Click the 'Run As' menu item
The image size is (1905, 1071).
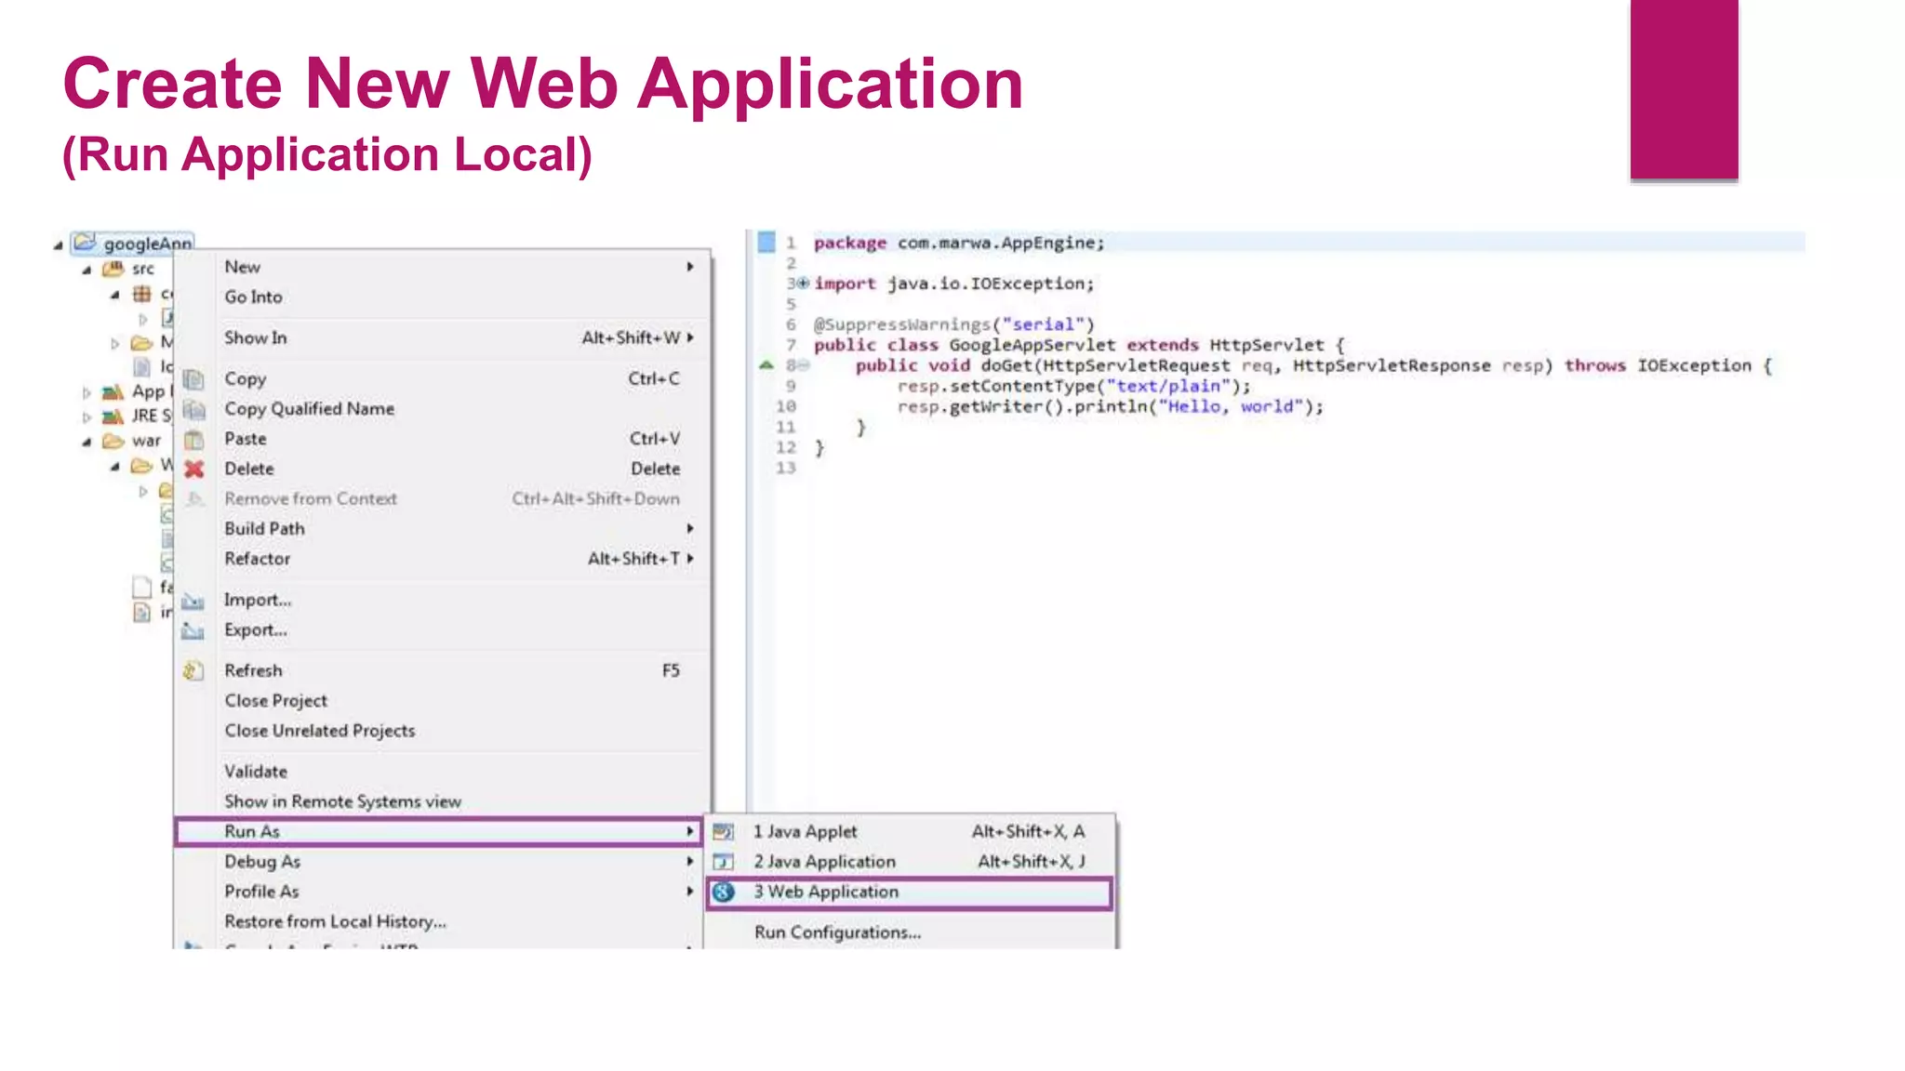point(252,831)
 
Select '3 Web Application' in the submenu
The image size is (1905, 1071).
point(826,892)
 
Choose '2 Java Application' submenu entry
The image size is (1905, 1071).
point(824,862)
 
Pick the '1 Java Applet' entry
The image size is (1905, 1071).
point(805,832)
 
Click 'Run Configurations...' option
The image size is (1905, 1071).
point(837,932)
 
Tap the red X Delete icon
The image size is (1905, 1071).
point(193,469)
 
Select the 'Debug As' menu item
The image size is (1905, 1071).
point(262,862)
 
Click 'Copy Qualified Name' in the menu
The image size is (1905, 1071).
point(309,409)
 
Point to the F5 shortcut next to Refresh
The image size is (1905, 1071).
point(671,670)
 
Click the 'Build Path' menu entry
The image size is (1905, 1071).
point(264,529)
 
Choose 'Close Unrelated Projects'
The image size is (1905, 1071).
point(319,731)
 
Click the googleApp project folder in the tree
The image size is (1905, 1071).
point(146,244)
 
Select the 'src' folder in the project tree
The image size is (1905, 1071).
point(142,269)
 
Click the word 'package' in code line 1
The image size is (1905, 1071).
point(849,243)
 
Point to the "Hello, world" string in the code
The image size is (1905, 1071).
point(1229,406)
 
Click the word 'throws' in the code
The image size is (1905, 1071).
point(1594,365)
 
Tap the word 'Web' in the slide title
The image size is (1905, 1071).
point(544,84)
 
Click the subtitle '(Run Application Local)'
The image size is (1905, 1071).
point(326,154)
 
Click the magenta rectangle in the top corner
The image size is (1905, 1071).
point(1684,88)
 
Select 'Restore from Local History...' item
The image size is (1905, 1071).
point(335,921)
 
